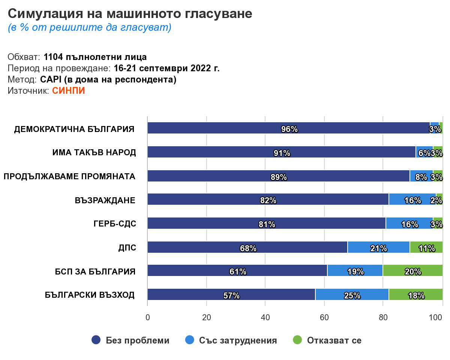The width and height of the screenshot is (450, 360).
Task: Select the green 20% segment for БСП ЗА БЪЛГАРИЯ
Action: coord(412,270)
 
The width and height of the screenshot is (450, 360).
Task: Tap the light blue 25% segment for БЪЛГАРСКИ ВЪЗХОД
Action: coord(352,294)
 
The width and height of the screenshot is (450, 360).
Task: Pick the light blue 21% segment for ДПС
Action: coord(378,247)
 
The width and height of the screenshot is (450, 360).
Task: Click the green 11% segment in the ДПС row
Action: coord(426,247)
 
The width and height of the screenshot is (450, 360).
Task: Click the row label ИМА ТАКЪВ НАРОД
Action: coord(94,153)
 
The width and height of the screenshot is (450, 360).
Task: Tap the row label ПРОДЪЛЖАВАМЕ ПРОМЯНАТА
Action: coord(69,177)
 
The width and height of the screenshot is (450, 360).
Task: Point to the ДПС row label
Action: coord(127,248)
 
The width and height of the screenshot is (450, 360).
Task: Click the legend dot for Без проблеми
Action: coord(96,340)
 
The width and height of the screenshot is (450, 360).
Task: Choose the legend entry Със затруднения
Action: coord(238,340)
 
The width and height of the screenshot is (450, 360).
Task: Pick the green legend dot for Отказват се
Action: coord(297,340)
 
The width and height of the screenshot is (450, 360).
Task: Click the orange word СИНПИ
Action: coord(68,91)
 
